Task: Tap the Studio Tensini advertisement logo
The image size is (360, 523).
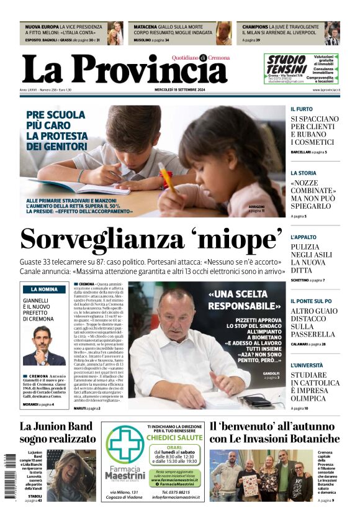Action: [x=287, y=65]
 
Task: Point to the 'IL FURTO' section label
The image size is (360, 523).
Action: [x=302, y=109]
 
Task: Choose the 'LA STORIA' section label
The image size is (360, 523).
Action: [x=304, y=173]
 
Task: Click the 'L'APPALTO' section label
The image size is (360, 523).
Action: [x=304, y=237]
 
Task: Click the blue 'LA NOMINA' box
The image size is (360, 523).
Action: [x=43, y=289]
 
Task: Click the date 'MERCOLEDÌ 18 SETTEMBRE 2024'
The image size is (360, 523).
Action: [x=180, y=91]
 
